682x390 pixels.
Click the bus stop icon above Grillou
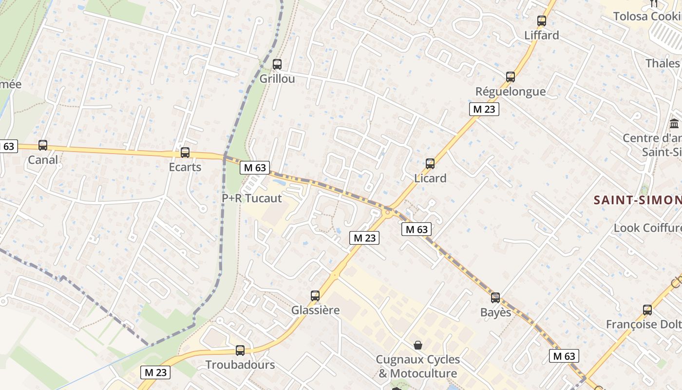click(277, 64)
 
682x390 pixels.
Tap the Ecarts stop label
click(185, 167)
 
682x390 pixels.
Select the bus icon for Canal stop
click(43, 145)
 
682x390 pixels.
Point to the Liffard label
click(541, 35)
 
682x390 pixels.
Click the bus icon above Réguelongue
click(510, 77)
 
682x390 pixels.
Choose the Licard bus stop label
click(430, 178)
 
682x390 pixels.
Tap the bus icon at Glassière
click(315, 295)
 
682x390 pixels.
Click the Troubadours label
click(240, 365)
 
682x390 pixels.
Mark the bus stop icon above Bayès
click(495, 297)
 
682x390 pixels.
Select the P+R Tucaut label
click(251, 198)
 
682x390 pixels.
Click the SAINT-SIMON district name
click(637, 200)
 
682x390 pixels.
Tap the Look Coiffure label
click(647, 228)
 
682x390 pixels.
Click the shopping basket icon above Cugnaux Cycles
click(418, 345)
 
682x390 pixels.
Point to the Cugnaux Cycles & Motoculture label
click(418, 367)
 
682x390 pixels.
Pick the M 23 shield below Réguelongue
click(484, 109)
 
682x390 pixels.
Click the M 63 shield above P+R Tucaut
click(255, 168)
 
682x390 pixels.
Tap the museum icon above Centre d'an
click(675, 123)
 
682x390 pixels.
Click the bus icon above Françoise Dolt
click(647, 310)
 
